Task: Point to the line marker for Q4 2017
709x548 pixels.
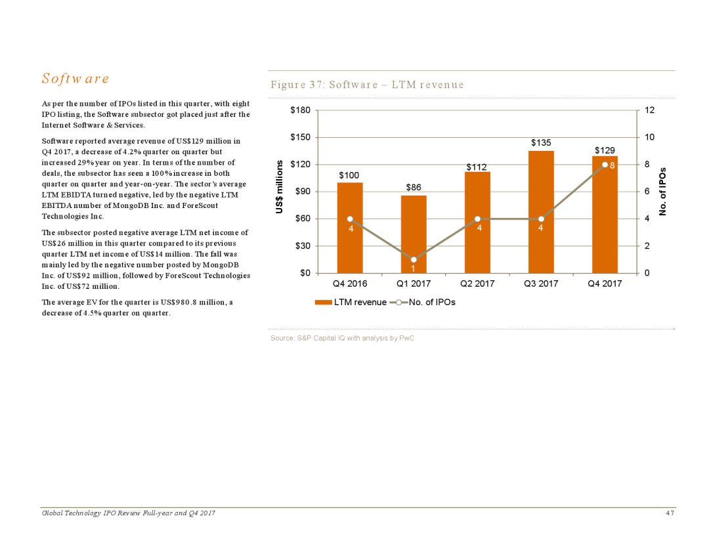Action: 604,165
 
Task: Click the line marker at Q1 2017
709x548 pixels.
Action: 414,260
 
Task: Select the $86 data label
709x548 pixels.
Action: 414,187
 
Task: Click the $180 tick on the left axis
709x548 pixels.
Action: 301,110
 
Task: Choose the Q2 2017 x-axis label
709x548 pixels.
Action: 477,284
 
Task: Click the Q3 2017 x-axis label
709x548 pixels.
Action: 541,284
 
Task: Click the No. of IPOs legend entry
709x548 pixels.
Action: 424,303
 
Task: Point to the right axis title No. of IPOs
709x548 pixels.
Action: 663,191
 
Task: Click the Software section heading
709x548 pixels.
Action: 75,79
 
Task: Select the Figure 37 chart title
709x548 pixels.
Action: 367,85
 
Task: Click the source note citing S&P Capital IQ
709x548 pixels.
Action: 342,338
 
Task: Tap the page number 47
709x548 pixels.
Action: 670,513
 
